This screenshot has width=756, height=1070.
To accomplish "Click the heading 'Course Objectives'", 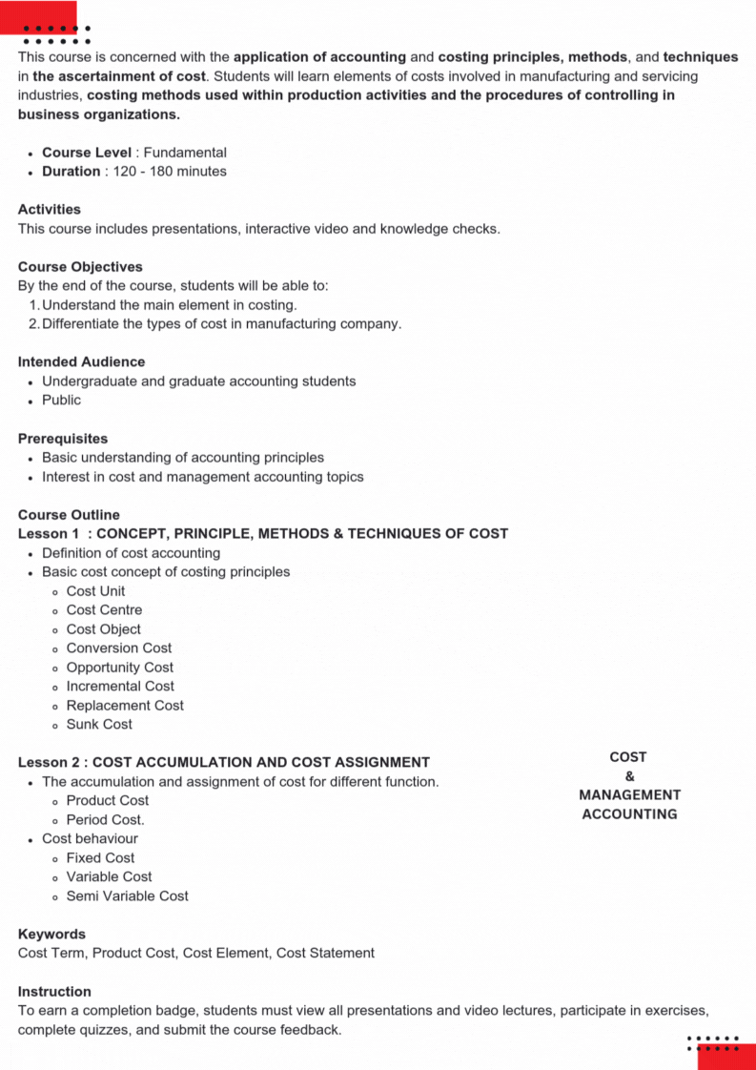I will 80,267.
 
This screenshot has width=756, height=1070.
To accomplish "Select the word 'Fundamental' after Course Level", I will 185,153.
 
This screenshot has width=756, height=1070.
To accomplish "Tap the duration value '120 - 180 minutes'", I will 170,172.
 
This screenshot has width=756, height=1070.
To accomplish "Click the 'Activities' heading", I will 50,210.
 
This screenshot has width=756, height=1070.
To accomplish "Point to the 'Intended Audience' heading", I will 81,362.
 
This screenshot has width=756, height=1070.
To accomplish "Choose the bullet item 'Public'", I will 61,401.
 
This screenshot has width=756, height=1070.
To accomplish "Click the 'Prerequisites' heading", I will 63,439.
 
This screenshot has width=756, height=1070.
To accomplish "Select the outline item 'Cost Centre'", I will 104,610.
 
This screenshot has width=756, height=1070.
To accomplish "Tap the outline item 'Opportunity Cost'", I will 120,668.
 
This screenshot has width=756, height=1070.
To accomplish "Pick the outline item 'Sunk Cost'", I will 99,725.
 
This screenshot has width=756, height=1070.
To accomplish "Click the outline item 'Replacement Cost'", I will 125,706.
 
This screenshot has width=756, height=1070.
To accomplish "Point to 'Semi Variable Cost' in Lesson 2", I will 128,896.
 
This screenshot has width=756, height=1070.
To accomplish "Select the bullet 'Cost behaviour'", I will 90,839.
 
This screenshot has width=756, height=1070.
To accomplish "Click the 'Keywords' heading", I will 51,935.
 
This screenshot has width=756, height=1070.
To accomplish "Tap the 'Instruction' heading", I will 54,992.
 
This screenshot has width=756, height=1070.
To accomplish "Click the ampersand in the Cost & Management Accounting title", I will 629,776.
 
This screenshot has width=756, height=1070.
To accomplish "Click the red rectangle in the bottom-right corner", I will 726,1058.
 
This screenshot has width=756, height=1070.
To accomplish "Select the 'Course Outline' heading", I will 69,515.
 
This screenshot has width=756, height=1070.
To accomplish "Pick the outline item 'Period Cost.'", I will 106,820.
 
